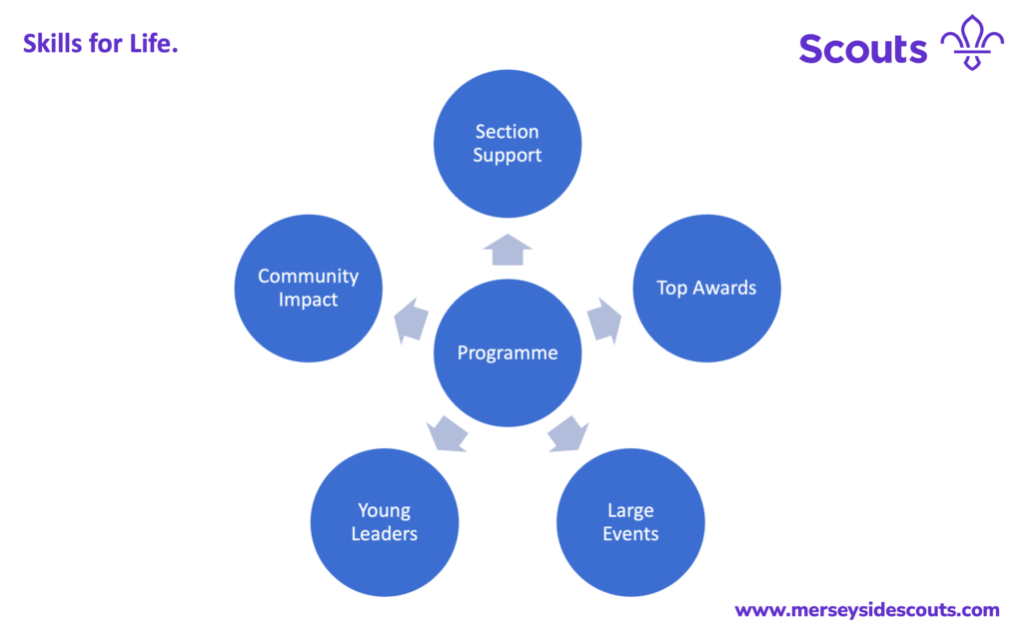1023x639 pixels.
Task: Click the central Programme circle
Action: click(x=508, y=352)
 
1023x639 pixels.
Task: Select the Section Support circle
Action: click(x=508, y=144)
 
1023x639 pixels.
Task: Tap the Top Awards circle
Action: click(x=706, y=289)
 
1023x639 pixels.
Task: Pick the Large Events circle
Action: click(x=631, y=522)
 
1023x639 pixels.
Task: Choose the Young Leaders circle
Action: click(x=385, y=522)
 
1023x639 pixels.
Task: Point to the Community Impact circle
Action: click(x=308, y=289)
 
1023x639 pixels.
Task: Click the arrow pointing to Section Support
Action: click(x=508, y=250)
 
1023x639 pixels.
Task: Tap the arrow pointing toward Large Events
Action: click(x=566, y=433)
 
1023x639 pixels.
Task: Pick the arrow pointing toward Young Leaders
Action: click(x=448, y=433)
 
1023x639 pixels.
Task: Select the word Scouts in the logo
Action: click(x=863, y=48)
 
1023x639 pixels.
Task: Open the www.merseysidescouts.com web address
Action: click(x=866, y=609)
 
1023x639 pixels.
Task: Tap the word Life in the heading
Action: click(x=152, y=43)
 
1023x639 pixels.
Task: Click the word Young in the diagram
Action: click(x=385, y=511)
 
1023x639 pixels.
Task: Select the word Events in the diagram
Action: click(x=631, y=534)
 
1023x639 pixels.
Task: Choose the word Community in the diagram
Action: click(x=308, y=277)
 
